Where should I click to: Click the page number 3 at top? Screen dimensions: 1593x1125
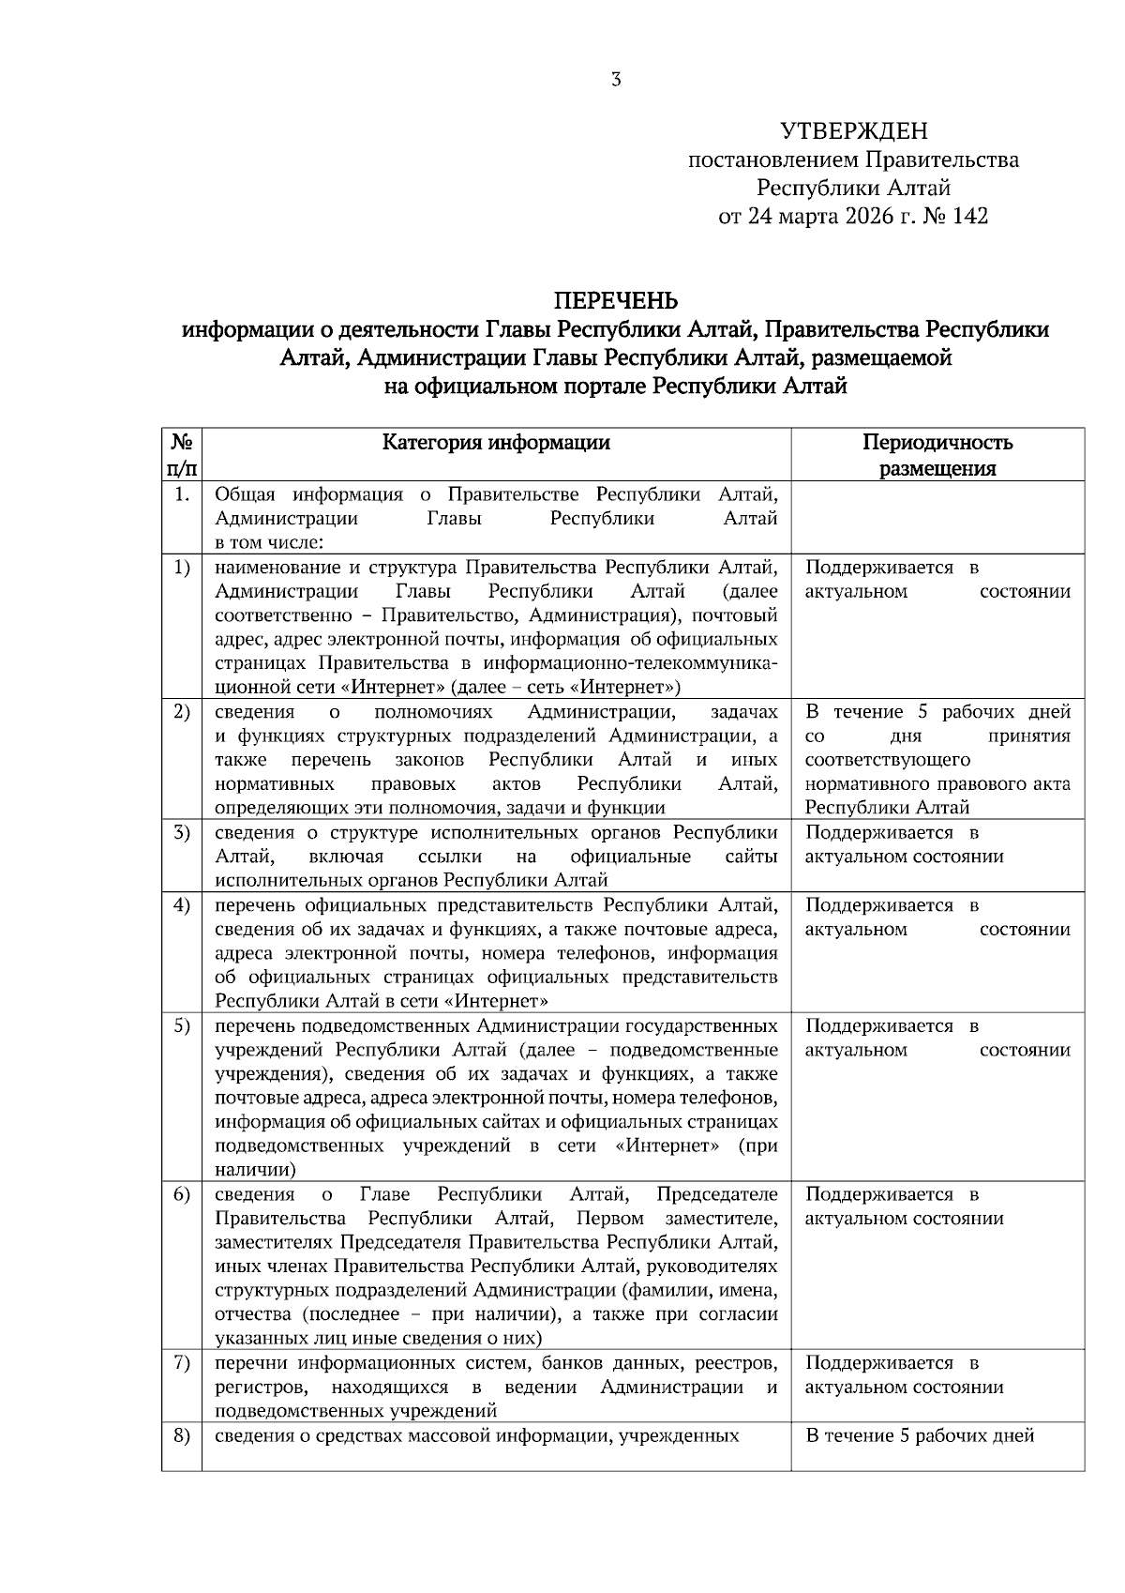pos(616,81)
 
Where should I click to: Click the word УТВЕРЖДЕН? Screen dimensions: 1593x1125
pos(853,131)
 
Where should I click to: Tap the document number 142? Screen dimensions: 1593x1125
pos(969,217)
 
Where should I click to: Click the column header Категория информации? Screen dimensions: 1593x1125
pos(496,443)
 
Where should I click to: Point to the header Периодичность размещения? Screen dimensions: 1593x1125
pos(937,455)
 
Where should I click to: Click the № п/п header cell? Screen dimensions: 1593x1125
pos(182,455)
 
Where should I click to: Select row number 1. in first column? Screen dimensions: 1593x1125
pos(182,494)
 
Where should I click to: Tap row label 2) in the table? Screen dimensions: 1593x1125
pos(182,712)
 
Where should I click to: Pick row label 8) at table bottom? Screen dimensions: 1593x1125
pos(182,1435)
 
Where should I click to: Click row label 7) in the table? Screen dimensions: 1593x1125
pos(182,1363)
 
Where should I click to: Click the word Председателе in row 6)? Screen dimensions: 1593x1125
pos(717,1194)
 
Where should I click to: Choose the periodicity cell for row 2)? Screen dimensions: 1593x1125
pos(937,760)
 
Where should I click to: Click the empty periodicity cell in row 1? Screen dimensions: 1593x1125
pos(937,518)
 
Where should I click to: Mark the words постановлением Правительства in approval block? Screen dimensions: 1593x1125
pos(853,160)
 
